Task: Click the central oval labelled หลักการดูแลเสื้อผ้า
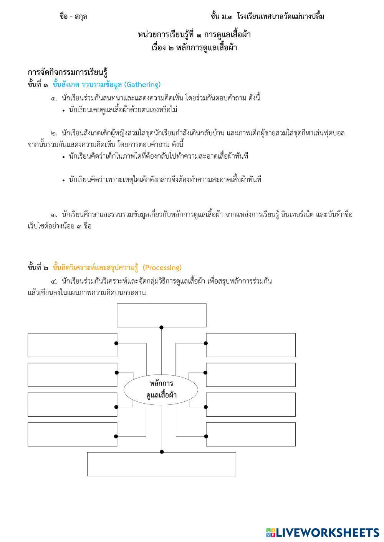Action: coord(161,389)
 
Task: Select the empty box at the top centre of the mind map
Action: coord(161,315)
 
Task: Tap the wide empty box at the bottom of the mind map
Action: coord(161,464)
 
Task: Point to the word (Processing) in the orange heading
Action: coord(162,268)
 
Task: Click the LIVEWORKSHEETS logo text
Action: coord(328,532)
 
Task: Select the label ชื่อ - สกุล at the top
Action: coord(73,16)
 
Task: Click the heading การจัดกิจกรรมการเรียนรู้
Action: coord(67,72)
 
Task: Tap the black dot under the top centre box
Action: coord(161,327)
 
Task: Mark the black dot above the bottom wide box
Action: coord(162,452)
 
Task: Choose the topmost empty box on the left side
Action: coord(72,345)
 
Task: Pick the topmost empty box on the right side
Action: coord(251,345)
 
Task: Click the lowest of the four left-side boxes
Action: coord(72,434)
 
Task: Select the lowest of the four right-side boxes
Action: coord(251,434)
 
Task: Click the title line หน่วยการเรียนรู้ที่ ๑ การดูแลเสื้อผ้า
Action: coord(194,35)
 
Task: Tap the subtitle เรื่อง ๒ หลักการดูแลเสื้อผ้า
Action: coord(194,48)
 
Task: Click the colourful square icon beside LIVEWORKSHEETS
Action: coord(270,532)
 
